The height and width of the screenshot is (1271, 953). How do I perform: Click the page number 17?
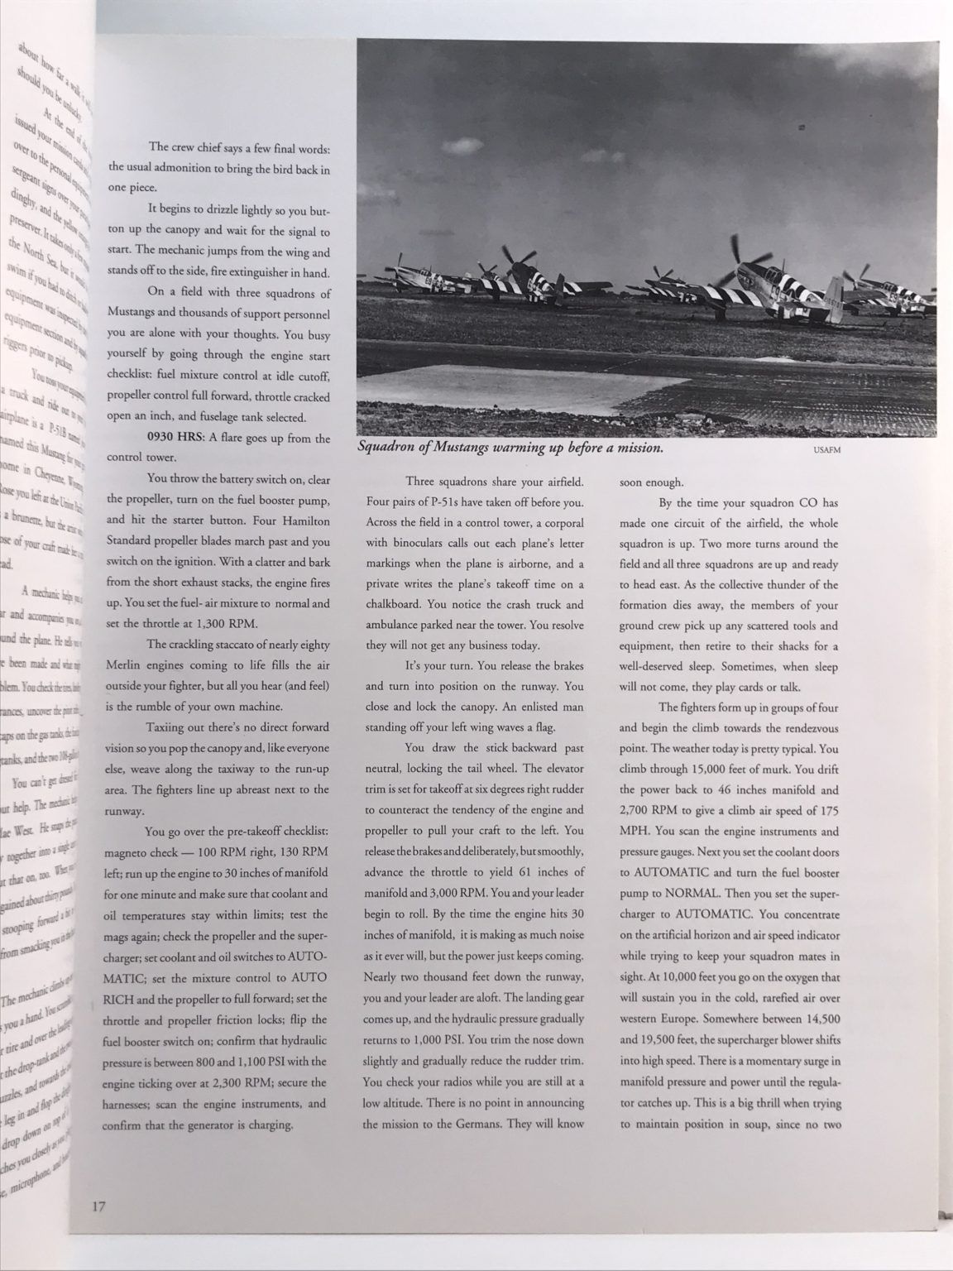click(x=97, y=1206)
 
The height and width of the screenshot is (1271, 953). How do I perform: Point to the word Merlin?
click(x=127, y=665)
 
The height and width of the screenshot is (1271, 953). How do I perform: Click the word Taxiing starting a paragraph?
click(x=169, y=727)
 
